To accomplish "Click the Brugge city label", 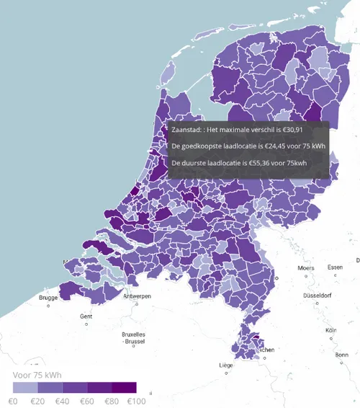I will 48,298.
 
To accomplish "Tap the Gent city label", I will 86,316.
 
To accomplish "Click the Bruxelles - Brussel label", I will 134,337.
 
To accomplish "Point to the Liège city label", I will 226,365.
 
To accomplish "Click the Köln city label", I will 331,330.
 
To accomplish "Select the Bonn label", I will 342,355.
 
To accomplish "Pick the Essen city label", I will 335,267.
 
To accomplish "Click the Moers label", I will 306,268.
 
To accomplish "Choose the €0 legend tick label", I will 13,400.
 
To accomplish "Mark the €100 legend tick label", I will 136,400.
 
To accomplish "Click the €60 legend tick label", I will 86,400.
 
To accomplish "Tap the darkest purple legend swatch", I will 123,388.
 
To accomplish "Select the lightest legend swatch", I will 25,388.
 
